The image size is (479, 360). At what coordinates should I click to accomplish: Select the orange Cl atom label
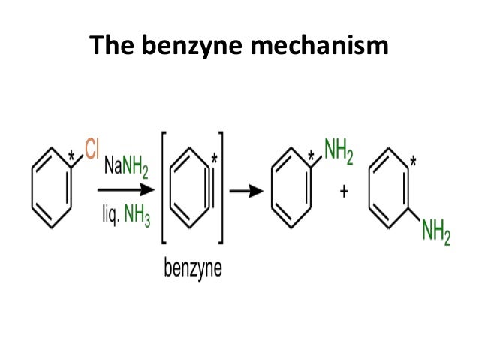point(92,149)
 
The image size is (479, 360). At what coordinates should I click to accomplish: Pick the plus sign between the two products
point(345,192)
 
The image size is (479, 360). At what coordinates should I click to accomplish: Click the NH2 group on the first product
point(336,150)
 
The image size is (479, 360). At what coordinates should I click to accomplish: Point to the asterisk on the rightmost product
point(413,160)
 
